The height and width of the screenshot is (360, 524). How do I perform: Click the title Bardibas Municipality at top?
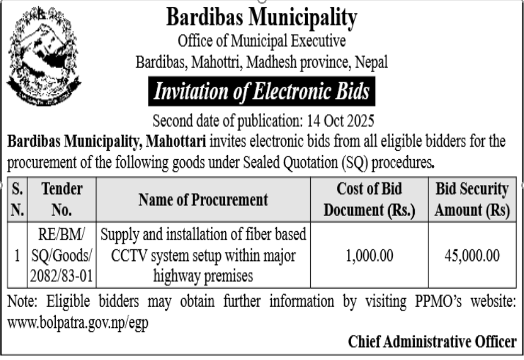click(x=261, y=18)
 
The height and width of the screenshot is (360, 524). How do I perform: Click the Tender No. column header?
click(x=61, y=200)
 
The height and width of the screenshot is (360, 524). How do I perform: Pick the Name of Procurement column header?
click(x=203, y=200)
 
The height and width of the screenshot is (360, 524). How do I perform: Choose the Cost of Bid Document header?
click(x=369, y=200)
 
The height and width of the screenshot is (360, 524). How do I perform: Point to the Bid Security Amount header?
click(x=472, y=200)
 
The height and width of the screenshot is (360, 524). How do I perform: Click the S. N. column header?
click(x=16, y=200)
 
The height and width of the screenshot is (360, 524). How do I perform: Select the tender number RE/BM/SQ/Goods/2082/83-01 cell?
click(x=61, y=255)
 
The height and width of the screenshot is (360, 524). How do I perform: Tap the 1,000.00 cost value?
click(x=369, y=256)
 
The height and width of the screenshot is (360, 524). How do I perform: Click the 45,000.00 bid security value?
click(x=472, y=256)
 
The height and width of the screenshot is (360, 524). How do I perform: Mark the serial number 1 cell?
click(x=17, y=256)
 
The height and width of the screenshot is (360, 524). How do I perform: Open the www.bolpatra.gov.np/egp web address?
click(x=78, y=324)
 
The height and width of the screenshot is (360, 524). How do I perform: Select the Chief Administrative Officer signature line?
click(x=432, y=341)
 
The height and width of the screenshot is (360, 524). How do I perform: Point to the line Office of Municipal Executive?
click(x=262, y=42)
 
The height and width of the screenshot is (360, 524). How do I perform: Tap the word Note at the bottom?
click(x=20, y=302)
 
